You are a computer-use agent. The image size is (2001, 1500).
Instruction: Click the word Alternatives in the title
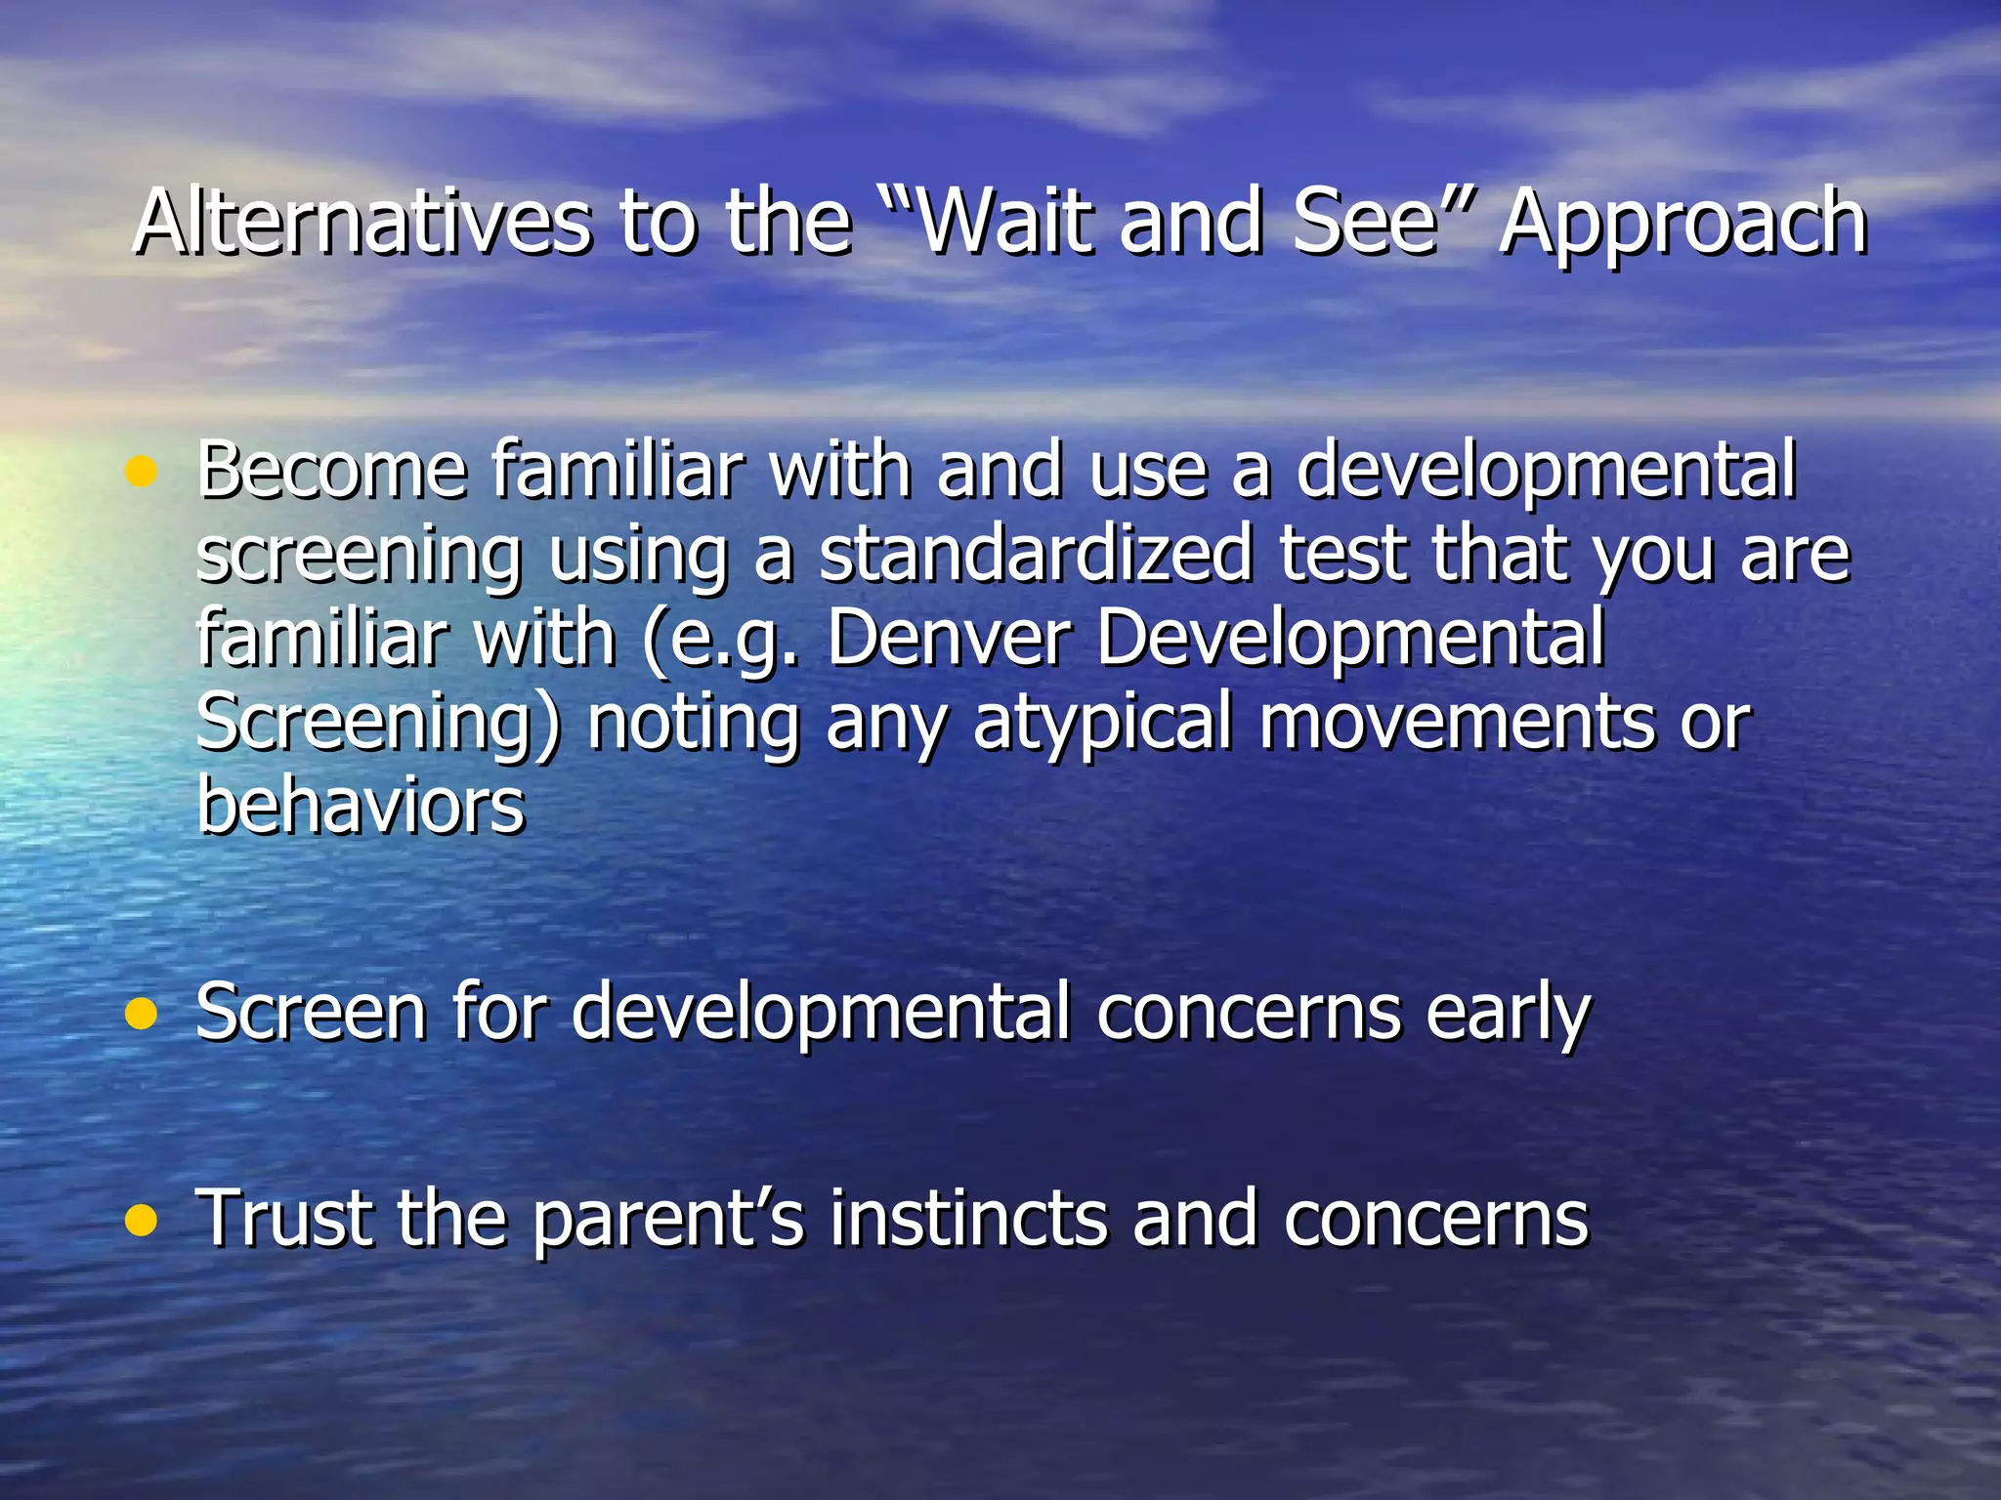[362, 223]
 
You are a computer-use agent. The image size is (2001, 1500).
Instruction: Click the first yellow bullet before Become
[142, 473]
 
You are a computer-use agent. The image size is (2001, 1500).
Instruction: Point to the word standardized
[1036, 555]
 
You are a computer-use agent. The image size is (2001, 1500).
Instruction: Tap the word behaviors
[361, 806]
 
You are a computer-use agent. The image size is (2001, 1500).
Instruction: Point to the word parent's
[668, 1221]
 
